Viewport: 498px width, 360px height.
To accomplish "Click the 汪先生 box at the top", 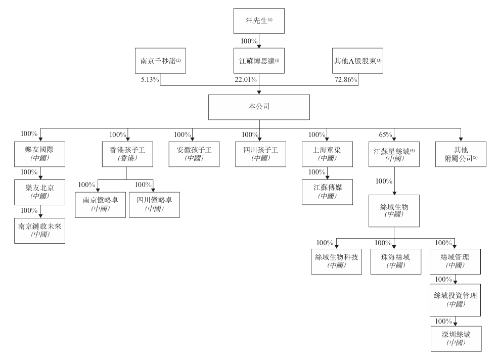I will click(x=260, y=22).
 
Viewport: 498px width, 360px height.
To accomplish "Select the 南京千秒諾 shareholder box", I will click(x=160, y=61).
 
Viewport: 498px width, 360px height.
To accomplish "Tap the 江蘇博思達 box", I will click(x=260, y=61).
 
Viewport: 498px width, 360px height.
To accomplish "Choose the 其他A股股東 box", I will click(x=357, y=61).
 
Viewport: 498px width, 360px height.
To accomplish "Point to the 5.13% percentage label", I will click(x=151, y=79).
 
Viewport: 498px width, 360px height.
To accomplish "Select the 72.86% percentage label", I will click(x=346, y=79).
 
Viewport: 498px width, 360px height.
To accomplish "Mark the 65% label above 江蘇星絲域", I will click(x=385, y=135).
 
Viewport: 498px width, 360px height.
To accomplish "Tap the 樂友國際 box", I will click(x=40, y=154).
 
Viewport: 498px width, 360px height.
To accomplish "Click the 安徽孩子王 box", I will click(x=195, y=154).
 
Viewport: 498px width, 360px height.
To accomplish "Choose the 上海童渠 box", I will click(x=327, y=154).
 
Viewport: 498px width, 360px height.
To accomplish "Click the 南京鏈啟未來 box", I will click(x=40, y=230).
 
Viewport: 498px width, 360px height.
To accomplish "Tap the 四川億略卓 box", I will click(x=154, y=204).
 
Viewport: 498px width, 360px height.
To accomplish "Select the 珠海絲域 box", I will click(x=395, y=260).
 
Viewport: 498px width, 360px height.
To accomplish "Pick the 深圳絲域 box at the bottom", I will click(x=456, y=338).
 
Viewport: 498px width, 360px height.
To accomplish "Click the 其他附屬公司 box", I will click(x=461, y=154).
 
